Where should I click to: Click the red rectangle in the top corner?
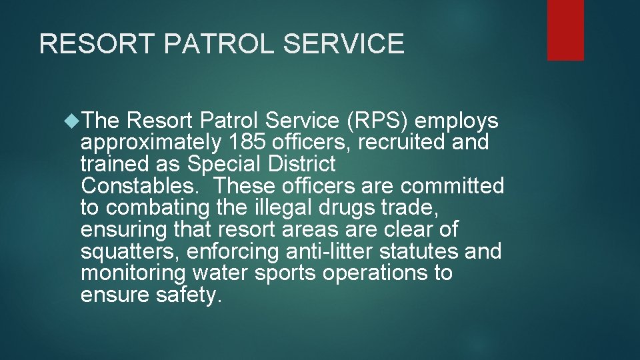[x=565, y=30]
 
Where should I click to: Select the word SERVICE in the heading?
[x=344, y=44]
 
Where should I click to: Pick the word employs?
[x=460, y=121]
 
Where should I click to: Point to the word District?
[x=303, y=164]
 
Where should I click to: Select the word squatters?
[x=130, y=252]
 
